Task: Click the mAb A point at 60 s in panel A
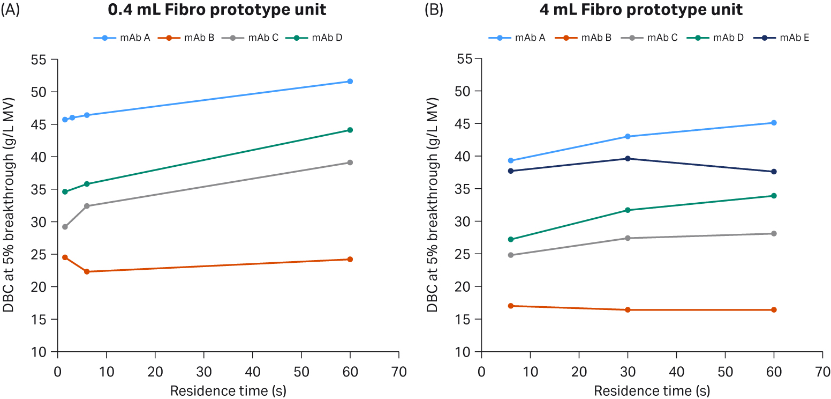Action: pos(350,81)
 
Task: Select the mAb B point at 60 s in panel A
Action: pos(350,259)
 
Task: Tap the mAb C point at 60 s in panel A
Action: pos(350,162)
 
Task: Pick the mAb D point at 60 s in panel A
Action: pos(350,130)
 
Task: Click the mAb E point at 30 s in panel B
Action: pos(628,159)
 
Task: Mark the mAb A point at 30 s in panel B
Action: pos(628,136)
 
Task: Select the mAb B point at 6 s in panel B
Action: pos(511,306)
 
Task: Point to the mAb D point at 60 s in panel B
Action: pos(774,196)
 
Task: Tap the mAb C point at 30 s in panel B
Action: pos(628,238)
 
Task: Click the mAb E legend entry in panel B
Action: pos(781,38)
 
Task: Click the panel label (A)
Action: pos(10,10)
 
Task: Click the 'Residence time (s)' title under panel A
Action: pos(228,391)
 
